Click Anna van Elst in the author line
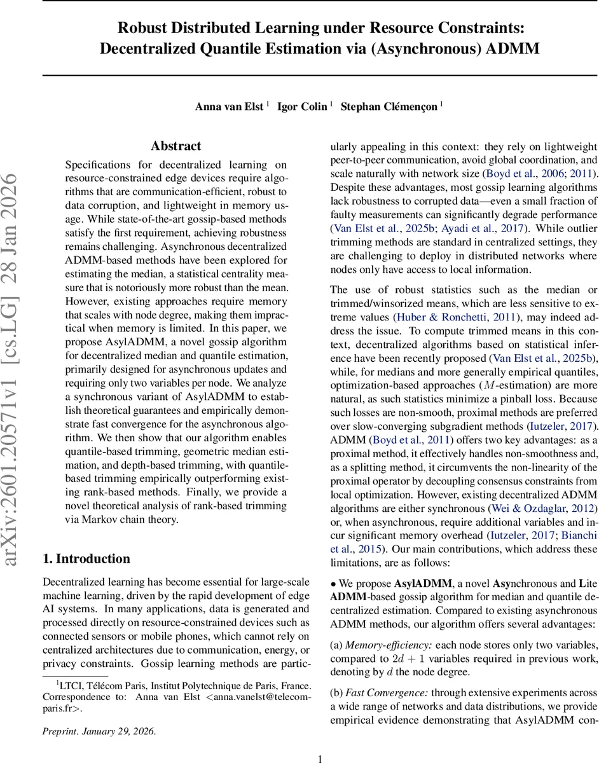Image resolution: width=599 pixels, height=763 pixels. pyautogui.click(x=230, y=106)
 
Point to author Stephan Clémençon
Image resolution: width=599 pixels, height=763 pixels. pyautogui.click(x=389, y=106)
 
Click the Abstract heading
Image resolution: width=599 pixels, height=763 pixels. pyautogui.click(x=176, y=146)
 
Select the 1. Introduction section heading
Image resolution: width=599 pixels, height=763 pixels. pyautogui.click(x=86, y=558)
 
